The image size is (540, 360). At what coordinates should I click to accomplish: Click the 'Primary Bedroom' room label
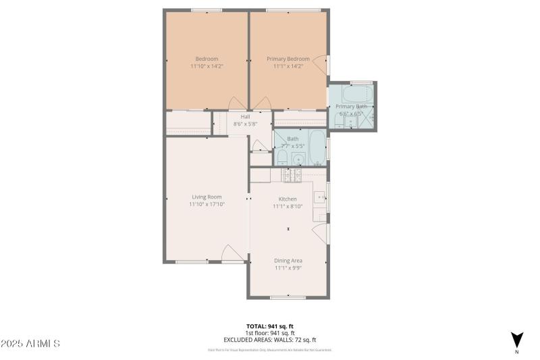288,59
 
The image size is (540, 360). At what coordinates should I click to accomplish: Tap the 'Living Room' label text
207,197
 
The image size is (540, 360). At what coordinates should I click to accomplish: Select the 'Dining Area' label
288,260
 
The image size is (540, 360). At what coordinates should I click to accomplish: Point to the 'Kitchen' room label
288,199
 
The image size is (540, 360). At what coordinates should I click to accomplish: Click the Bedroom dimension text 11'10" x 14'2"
207,66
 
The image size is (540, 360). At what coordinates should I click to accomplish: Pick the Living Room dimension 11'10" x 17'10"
207,204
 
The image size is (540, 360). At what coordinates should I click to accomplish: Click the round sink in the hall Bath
298,159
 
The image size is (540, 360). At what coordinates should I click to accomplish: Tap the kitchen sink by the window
320,198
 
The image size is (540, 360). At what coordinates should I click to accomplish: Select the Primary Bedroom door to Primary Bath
325,65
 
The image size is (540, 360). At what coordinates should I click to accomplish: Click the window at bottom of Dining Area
288,297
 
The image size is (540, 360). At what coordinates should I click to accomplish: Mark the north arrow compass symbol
516,340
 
